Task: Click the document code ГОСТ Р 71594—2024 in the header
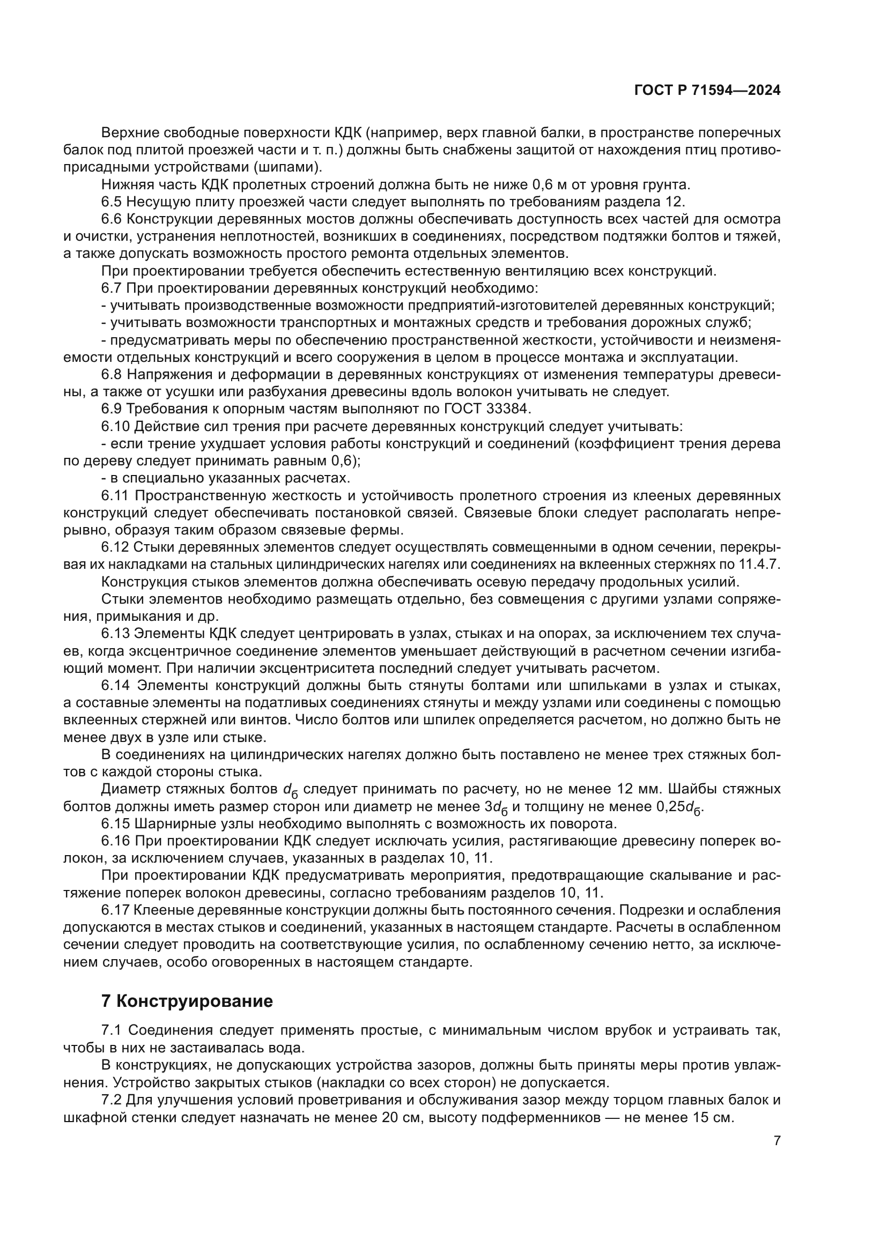pyautogui.click(x=707, y=91)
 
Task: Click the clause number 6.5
pyautogui.click(x=112, y=202)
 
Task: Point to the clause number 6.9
pyautogui.click(x=112, y=409)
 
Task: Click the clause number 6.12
pyautogui.click(x=115, y=547)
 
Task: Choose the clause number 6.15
pyautogui.click(x=115, y=823)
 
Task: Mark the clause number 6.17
pyautogui.click(x=115, y=910)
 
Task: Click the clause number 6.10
pyautogui.click(x=115, y=426)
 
